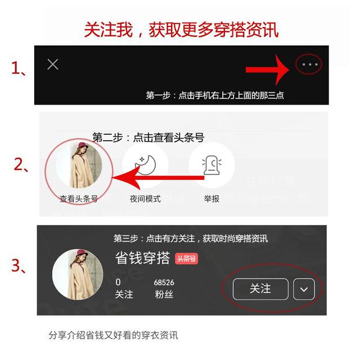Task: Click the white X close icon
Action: tap(52, 64)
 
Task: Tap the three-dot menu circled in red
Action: tap(310, 65)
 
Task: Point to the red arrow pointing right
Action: tap(268, 70)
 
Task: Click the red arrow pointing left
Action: tap(158, 178)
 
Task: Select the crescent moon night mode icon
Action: tap(145, 165)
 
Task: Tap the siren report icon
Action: tap(211, 165)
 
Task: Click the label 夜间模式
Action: tap(145, 199)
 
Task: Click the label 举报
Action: tap(211, 199)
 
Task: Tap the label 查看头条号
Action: tap(79, 199)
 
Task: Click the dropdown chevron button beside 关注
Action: tap(304, 289)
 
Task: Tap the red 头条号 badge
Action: tap(186, 259)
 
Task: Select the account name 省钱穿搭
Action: tap(142, 258)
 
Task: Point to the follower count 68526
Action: tap(164, 282)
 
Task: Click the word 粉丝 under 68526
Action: tap(164, 294)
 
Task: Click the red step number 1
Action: tap(16, 69)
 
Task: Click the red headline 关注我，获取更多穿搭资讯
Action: tap(182, 30)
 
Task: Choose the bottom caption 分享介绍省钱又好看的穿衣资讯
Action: tap(113, 335)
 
